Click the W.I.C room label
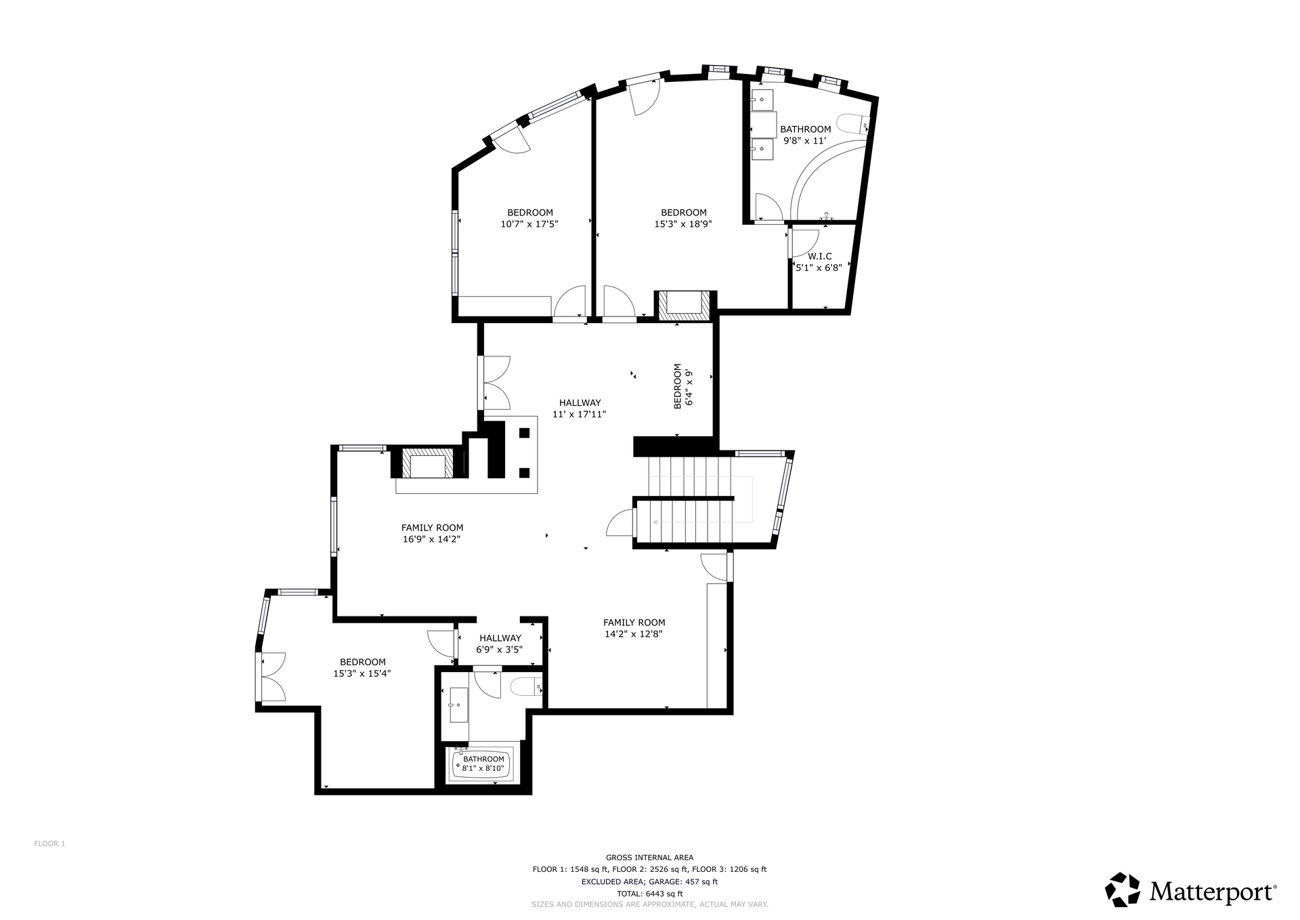pos(819,256)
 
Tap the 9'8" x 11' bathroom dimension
pos(805,141)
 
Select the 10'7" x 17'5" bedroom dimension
pos(529,224)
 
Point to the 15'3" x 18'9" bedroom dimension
pos(683,224)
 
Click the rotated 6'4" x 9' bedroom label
pos(683,386)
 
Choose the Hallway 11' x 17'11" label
pos(580,409)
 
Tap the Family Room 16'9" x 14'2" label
pos(432,534)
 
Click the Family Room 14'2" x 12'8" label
pos(634,629)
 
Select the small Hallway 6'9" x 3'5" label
pos(500,644)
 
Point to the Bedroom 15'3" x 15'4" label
pos(362,668)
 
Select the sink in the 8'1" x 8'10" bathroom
pos(458,705)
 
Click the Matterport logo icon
pos(1122,890)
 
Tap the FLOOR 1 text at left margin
pos(49,843)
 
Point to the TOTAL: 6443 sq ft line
pos(649,894)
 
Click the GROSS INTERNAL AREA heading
pos(649,857)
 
